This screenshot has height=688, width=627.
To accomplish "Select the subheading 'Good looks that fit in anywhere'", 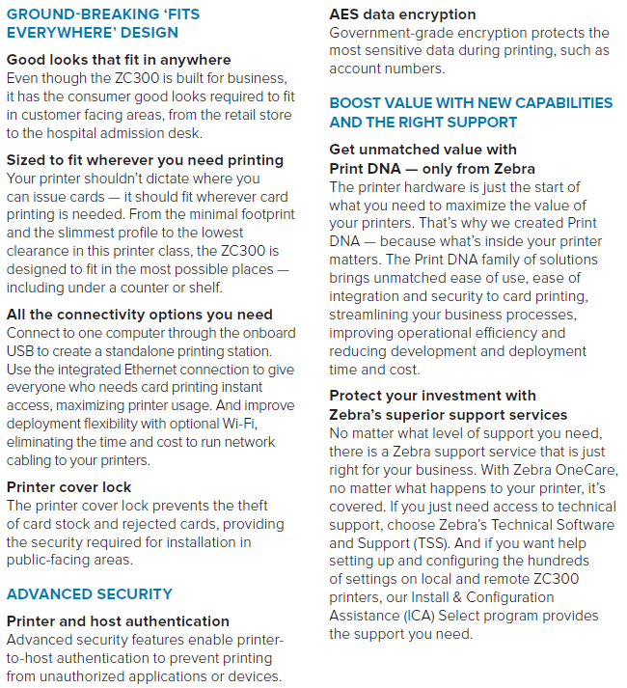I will point(119,60).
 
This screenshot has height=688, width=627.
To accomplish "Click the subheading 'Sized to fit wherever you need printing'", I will point(145,160).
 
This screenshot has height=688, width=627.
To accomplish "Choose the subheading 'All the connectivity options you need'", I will point(140,315).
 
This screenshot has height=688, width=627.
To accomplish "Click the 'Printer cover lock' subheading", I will point(69,487).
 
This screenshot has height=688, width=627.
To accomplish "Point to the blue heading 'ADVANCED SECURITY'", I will point(90,594).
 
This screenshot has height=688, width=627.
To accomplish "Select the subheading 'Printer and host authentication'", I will point(118,621).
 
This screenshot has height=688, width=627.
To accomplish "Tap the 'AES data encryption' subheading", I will point(402,14).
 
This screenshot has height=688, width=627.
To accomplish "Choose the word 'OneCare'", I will point(589,469).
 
